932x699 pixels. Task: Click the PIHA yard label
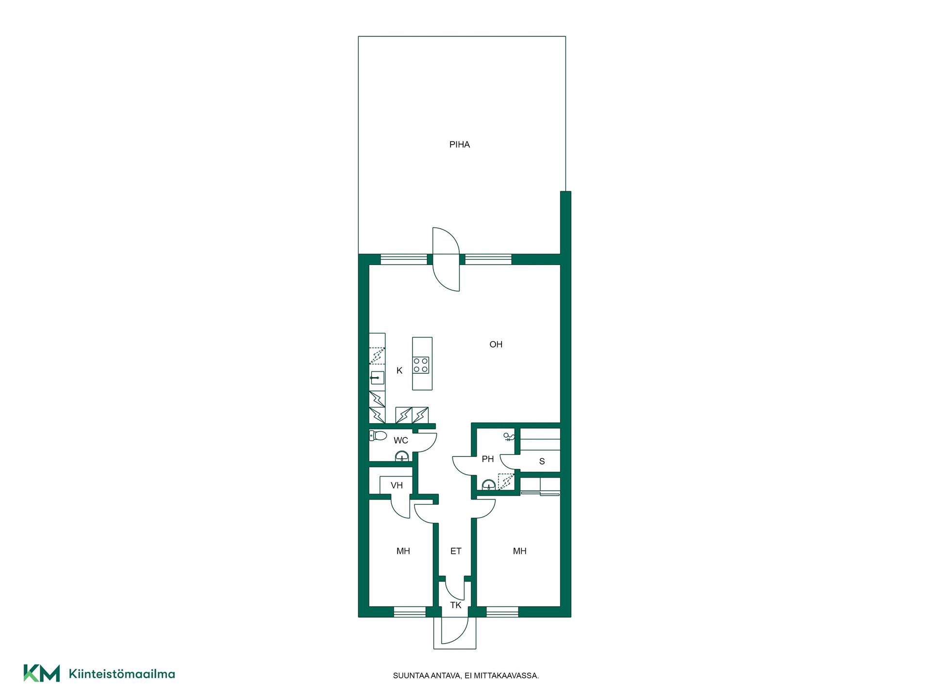(459, 144)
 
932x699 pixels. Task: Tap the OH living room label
(496, 344)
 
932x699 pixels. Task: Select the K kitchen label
(399, 370)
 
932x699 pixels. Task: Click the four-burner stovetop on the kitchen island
(421, 365)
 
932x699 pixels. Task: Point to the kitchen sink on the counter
(377, 378)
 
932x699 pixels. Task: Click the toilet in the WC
(378, 435)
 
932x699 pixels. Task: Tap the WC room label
(400, 440)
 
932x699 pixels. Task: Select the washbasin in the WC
(401, 456)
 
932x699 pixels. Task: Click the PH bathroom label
(487, 459)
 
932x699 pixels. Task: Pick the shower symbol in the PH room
(508, 436)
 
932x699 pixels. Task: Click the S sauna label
(542, 461)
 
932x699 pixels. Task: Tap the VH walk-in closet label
(397, 485)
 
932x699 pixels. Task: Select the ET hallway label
(455, 551)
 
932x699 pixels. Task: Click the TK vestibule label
(455, 605)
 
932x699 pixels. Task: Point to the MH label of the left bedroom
(403, 551)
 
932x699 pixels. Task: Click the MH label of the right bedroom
(519, 551)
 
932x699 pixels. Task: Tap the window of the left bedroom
(409, 612)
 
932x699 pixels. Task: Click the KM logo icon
(42, 673)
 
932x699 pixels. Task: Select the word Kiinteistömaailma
(122, 674)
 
